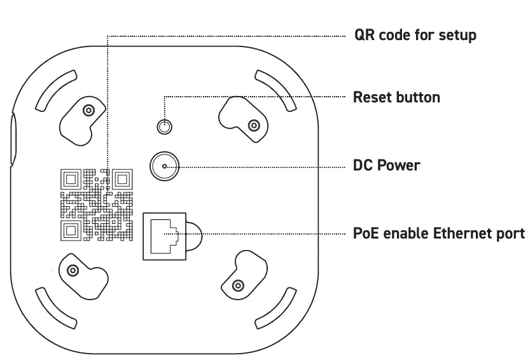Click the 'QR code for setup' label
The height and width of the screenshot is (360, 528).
pyautogui.click(x=415, y=34)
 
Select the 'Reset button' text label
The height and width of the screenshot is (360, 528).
pyautogui.click(x=396, y=97)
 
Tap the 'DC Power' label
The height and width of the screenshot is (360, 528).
pyautogui.click(x=386, y=165)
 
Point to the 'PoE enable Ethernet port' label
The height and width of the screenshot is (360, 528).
pyautogui.click(x=439, y=233)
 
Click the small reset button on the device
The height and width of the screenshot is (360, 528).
pyautogui.click(x=165, y=126)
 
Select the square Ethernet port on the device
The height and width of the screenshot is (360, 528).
pyautogui.click(x=165, y=235)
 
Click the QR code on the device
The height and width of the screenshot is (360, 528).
pyautogui.click(x=97, y=204)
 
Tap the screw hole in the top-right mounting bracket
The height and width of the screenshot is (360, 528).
pyautogui.click(x=253, y=124)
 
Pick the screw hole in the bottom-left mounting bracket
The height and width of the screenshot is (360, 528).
pyautogui.click(x=73, y=271)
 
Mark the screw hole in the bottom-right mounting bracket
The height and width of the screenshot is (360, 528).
pyautogui.click(x=238, y=284)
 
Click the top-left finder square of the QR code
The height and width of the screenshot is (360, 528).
pyautogui.click(x=70, y=178)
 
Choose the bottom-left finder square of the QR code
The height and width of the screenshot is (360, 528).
pyautogui.click(x=70, y=230)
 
